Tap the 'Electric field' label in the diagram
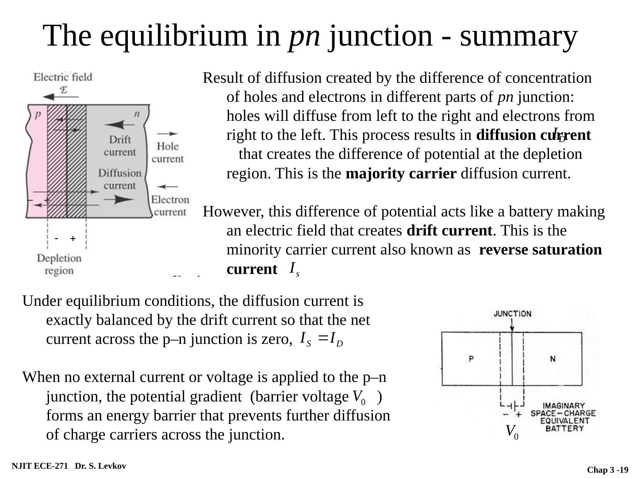pos(63,77)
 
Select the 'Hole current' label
pos(168,152)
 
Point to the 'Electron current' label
pos(170,205)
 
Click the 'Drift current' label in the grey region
pos(120,146)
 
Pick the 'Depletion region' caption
pos(59,264)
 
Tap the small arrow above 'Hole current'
pos(168,133)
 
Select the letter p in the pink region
pos(38,114)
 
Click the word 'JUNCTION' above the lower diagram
pos(512,314)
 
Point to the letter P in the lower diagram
pos(472,358)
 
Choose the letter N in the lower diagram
pos(553,358)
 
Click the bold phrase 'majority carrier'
pos(401,173)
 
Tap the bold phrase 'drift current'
pos(449,231)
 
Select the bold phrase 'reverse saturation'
pos(540,250)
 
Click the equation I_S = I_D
pos(321,339)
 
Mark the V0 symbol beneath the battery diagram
pos(512,431)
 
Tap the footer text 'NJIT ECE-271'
pos(40,466)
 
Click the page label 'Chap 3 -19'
pos(607,470)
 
